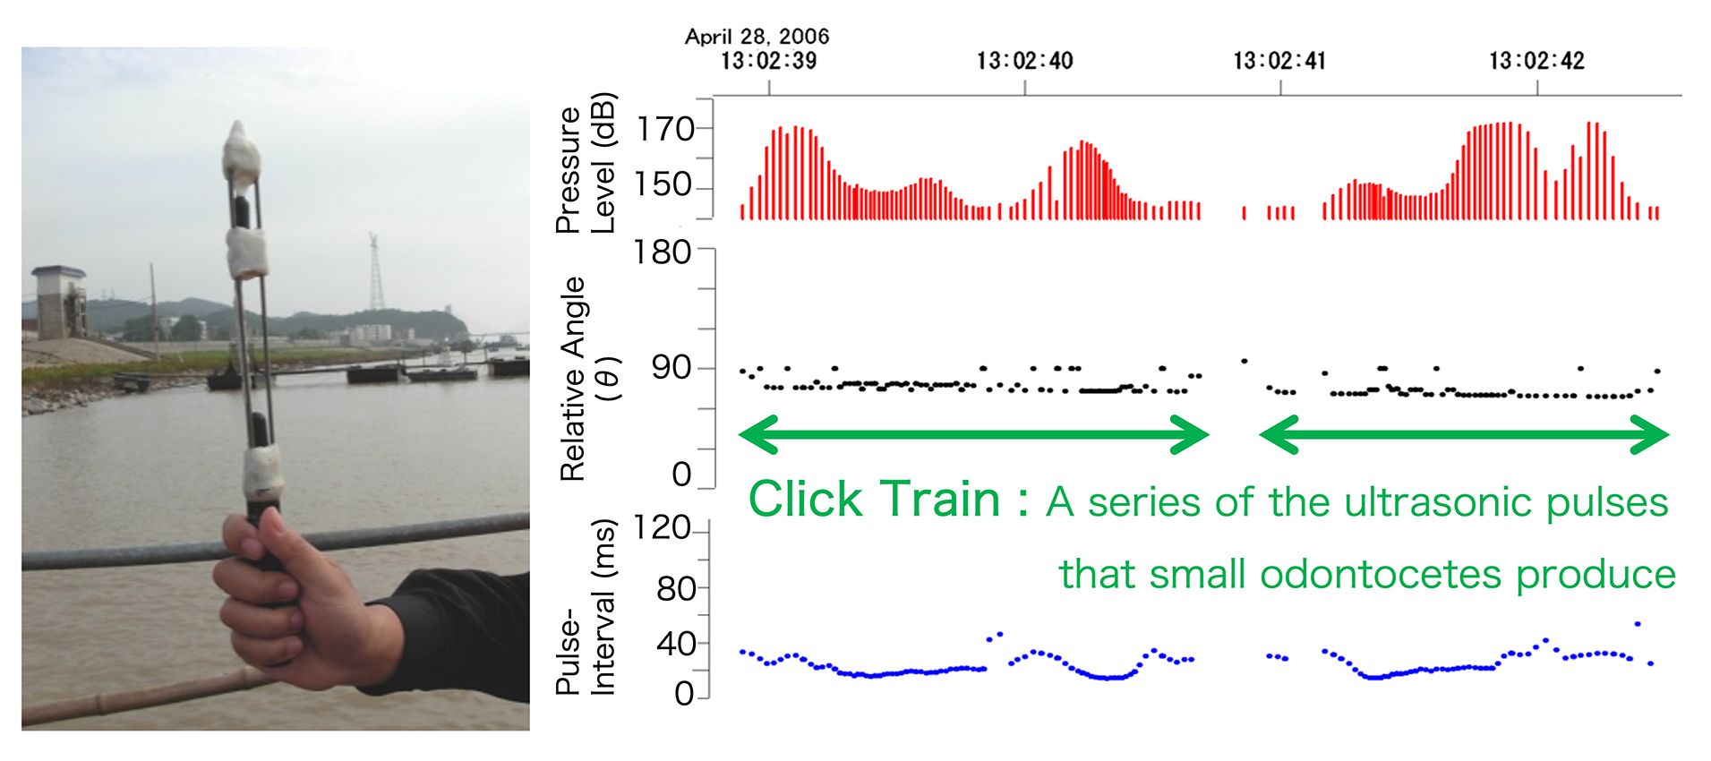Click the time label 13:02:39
tap(768, 61)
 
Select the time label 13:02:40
tap(1024, 61)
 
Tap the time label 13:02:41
tap(1279, 61)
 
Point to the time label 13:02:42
tap(1536, 61)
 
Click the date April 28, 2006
tap(757, 36)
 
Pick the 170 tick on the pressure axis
tap(665, 130)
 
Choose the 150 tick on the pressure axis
tap(665, 184)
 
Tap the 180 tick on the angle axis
tap(663, 252)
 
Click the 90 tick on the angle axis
tap(672, 367)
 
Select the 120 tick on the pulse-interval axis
tap(663, 527)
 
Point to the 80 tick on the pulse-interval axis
tap(676, 589)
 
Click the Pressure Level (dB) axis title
tap(586, 163)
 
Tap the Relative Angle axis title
tap(588, 379)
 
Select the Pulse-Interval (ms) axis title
tap(586, 607)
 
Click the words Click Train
tap(874, 499)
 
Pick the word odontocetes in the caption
tap(1380, 574)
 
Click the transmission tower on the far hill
tap(375, 272)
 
